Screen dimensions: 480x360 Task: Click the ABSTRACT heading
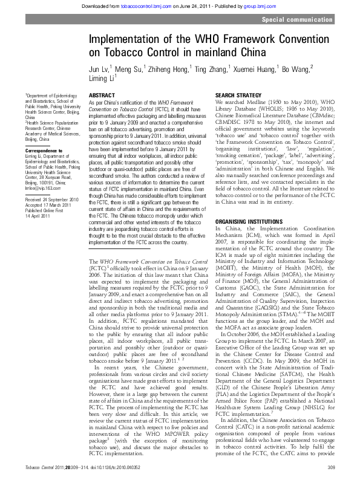point(102,96)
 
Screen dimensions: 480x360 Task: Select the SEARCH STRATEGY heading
point(238,96)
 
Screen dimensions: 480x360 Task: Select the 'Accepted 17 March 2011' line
point(48,204)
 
